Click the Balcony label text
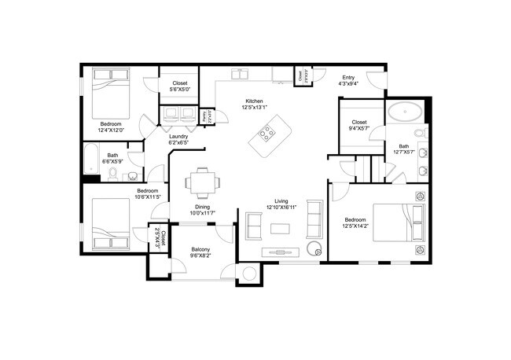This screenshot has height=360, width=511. (200, 250)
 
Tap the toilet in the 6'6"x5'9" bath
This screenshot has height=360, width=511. (114, 172)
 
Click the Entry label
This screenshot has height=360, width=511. (347, 77)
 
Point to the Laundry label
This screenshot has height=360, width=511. (178, 137)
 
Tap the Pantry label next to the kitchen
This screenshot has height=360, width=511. (204, 116)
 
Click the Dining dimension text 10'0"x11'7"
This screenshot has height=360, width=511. (203, 214)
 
